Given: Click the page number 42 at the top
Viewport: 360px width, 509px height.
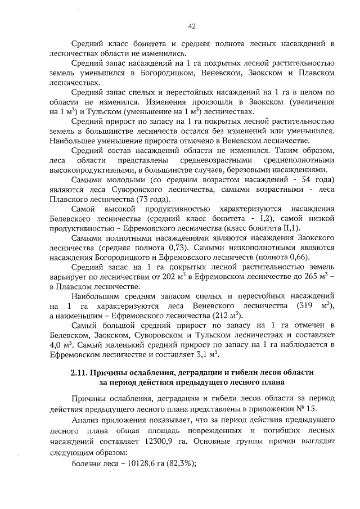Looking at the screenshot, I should click(x=191, y=25).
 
